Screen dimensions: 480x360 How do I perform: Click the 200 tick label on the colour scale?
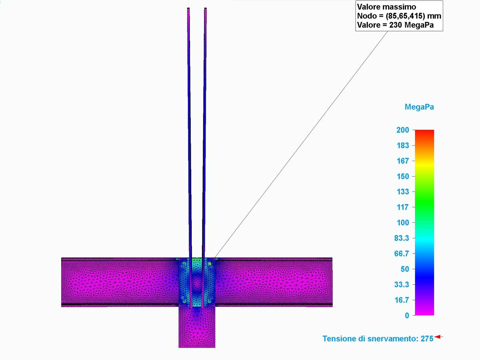[402, 130]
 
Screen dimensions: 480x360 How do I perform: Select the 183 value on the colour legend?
[403, 146]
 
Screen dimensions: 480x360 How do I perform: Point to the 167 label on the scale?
[403, 161]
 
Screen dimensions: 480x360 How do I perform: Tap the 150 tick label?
[403, 176]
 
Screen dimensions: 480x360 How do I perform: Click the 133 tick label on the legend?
[403, 192]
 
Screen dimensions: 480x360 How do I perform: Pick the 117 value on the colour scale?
[403, 207]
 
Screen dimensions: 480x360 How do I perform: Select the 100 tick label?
[403, 223]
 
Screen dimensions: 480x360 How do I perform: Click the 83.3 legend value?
[402, 238]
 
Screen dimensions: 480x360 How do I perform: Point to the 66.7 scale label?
[402, 254]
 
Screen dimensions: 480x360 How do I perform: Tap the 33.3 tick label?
[402, 284]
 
